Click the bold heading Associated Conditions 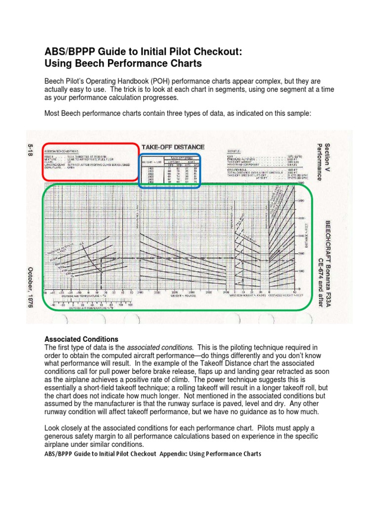(81, 339)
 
